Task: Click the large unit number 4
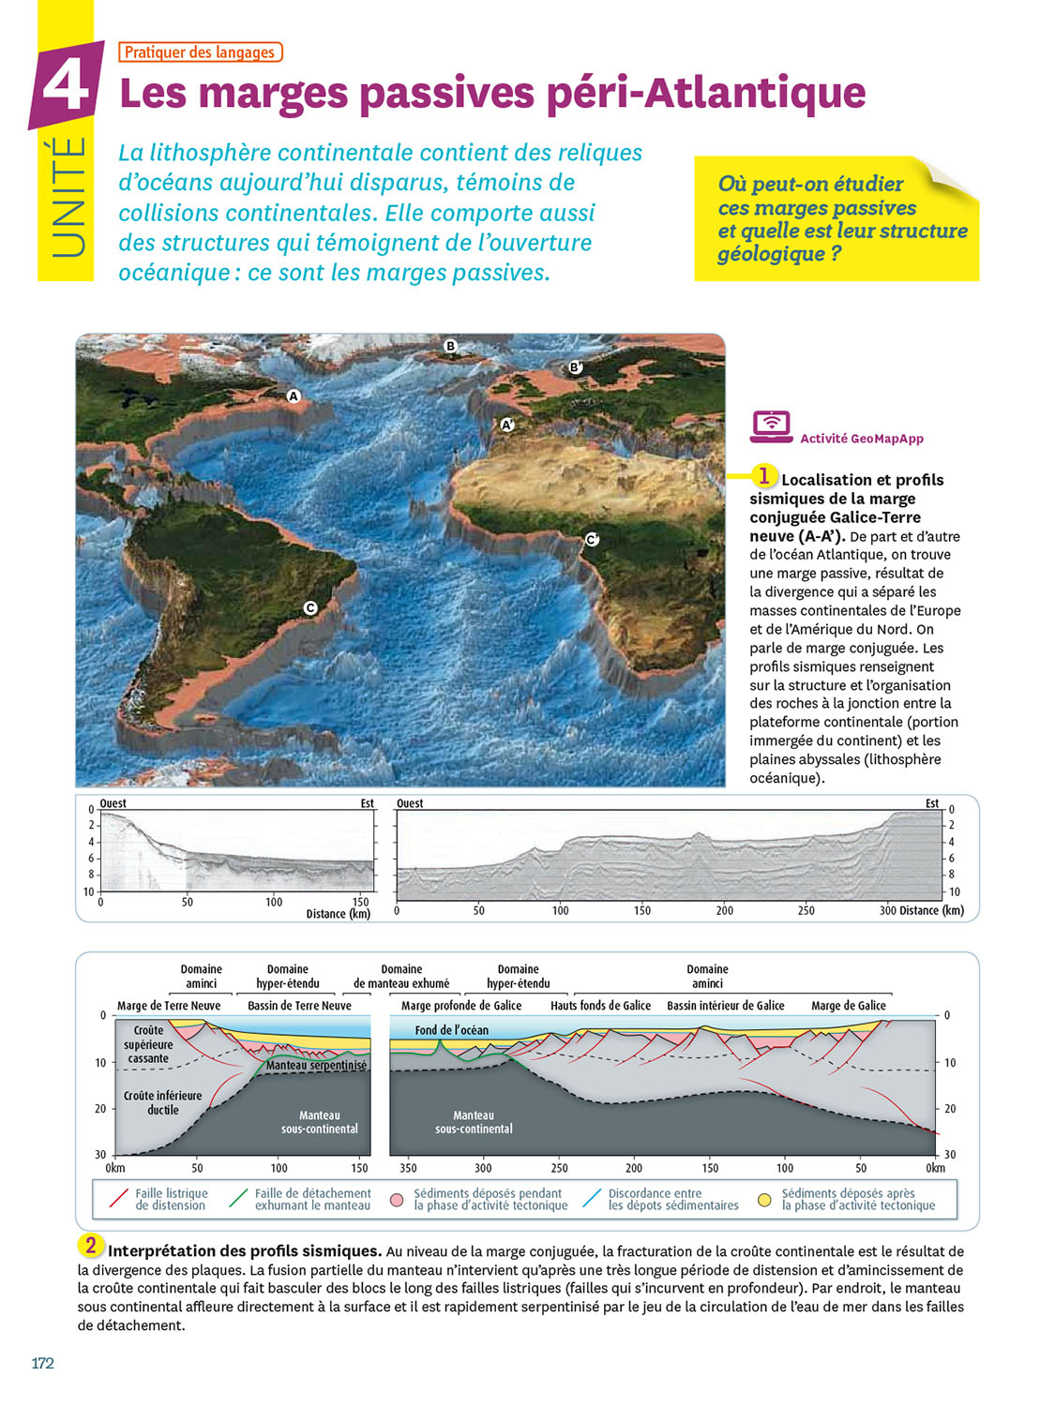point(67,85)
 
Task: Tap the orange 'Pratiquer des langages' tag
point(200,52)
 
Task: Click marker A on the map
point(293,396)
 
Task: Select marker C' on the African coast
point(592,539)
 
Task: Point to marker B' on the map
point(576,367)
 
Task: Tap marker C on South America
point(310,607)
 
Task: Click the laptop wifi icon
point(771,426)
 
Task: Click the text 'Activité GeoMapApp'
point(861,439)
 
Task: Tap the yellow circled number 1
point(763,476)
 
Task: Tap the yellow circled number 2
point(90,1246)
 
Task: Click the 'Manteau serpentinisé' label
point(316,1066)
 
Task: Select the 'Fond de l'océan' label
point(451,1030)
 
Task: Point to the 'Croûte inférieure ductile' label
point(162,1102)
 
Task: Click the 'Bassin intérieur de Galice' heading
point(725,1006)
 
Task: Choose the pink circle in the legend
point(397,1200)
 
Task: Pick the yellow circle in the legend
point(764,1200)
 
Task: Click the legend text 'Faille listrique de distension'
point(171,1200)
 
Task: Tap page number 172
point(43,1363)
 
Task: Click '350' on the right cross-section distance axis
point(408,1168)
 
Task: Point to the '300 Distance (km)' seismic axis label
point(921,910)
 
